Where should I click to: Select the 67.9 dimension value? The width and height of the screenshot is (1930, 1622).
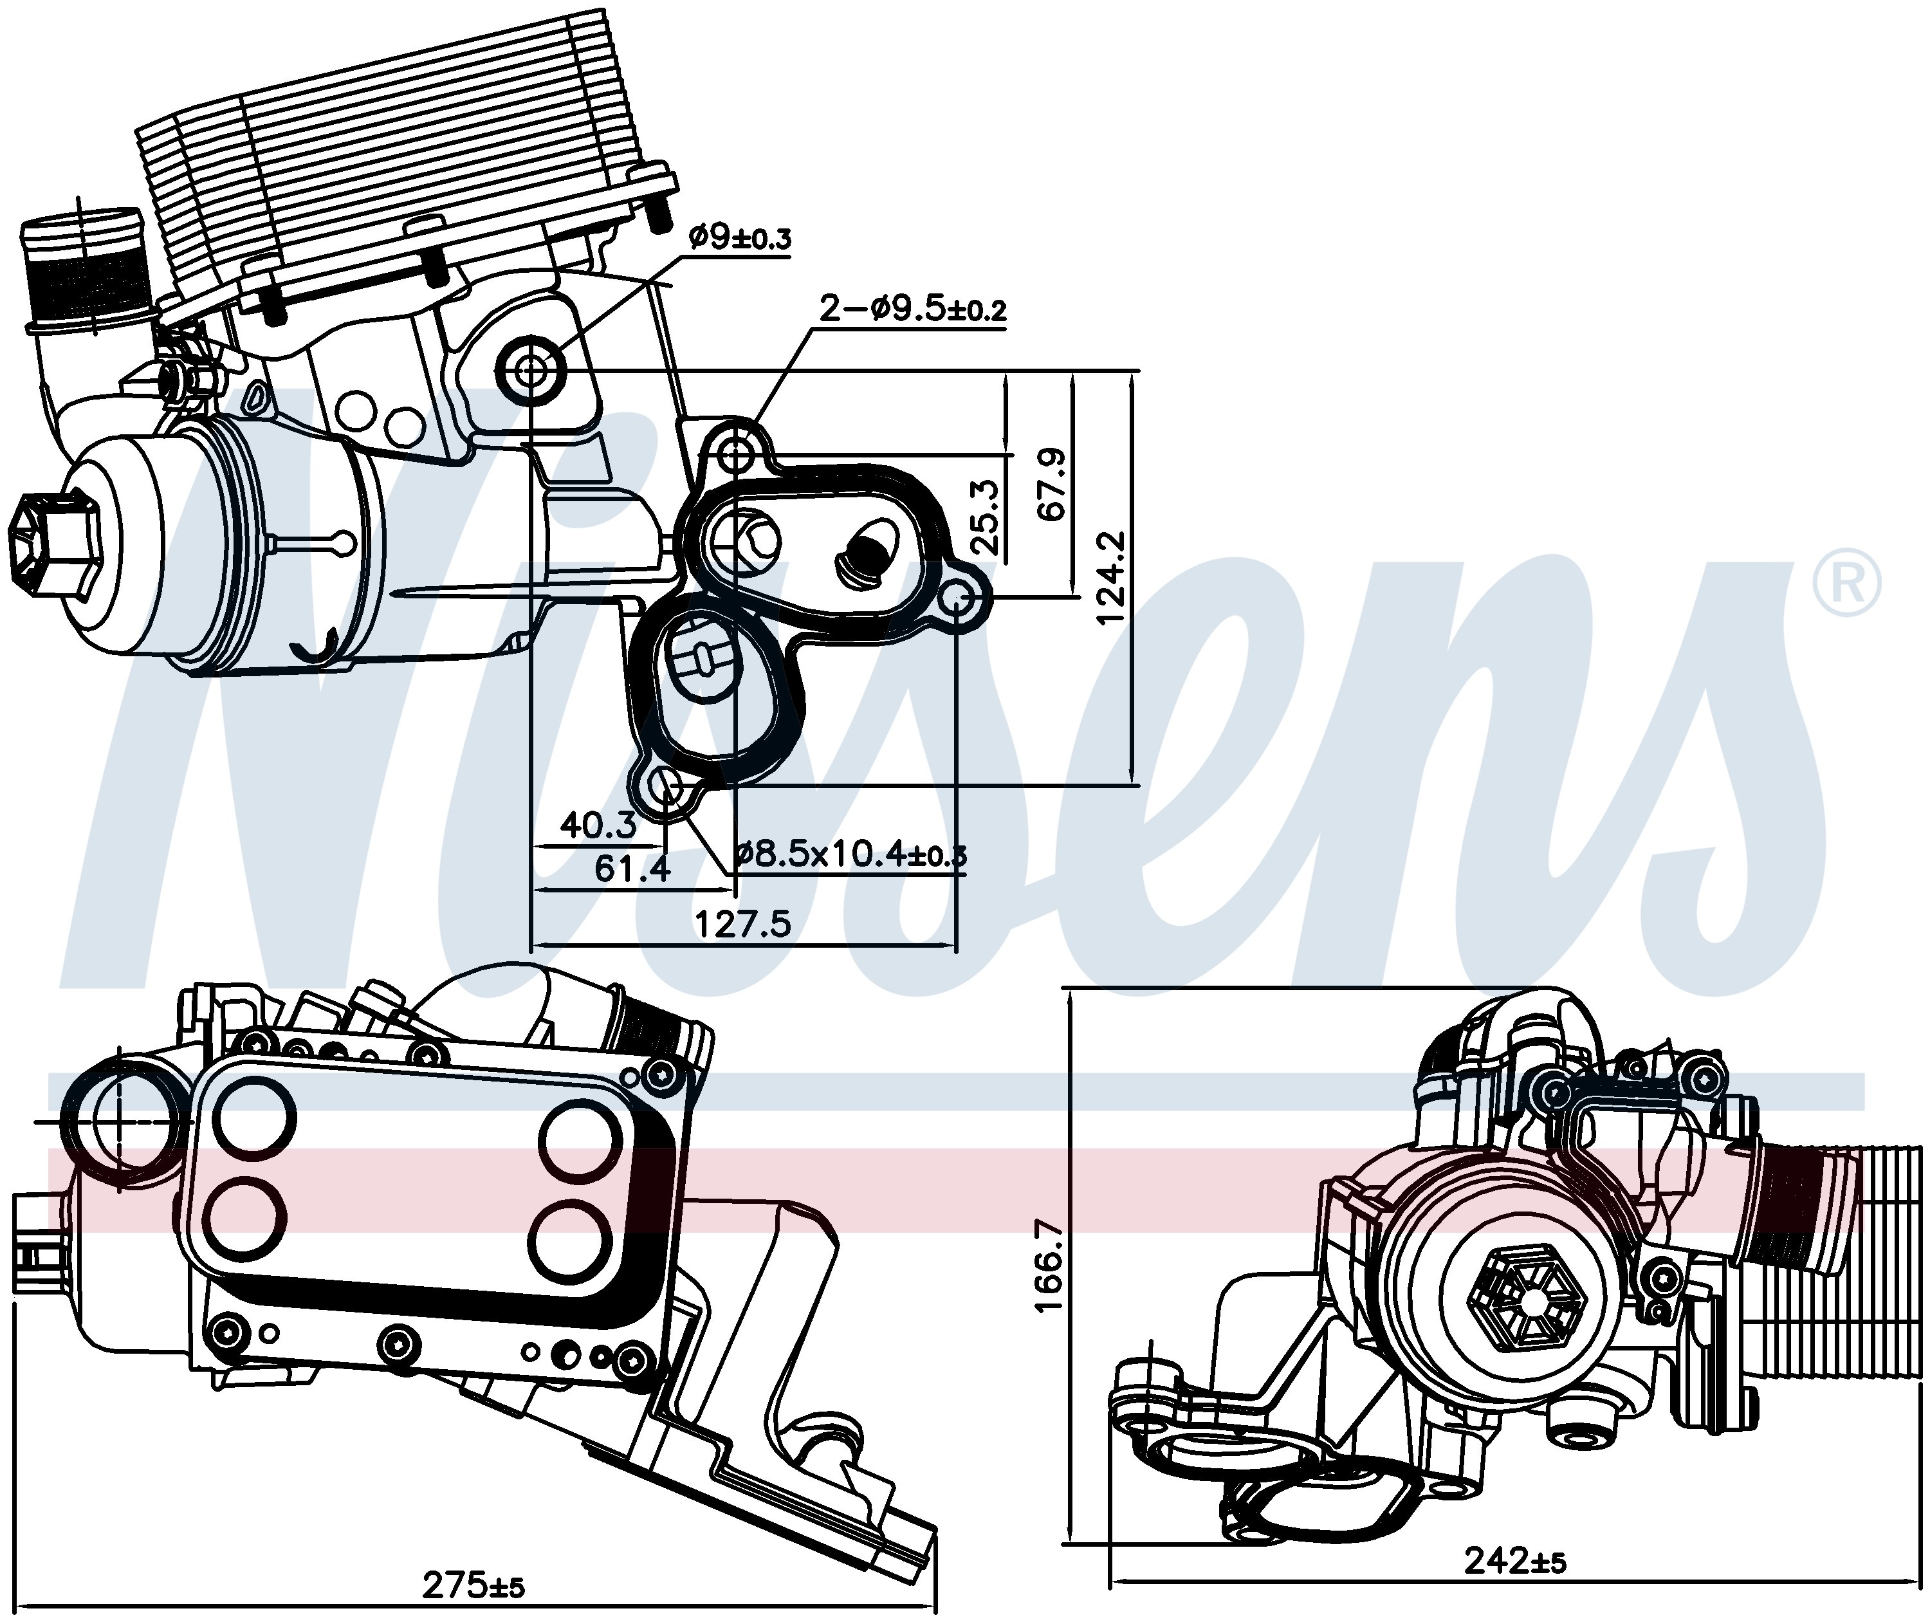1051,484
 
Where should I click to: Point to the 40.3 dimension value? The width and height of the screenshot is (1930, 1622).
598,825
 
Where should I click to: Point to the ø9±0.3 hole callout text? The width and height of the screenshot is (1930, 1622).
739,238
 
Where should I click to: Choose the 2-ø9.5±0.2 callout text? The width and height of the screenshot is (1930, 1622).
912,309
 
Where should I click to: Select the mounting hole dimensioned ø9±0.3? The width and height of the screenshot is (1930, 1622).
531,371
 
